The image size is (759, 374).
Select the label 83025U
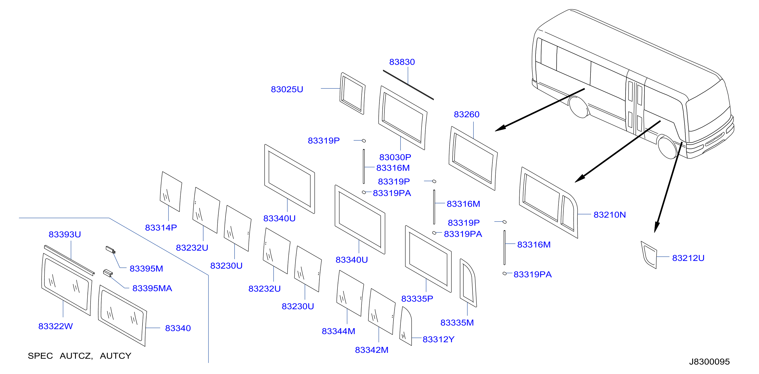point(287,89)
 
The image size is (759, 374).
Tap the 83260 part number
point(466,114)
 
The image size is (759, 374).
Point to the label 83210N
point(609,215)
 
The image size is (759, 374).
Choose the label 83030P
point(395,157)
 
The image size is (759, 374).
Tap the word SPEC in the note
point(40,356)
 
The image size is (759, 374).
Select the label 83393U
point(65,234)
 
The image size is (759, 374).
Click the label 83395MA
point(152,288)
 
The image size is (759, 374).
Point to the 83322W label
point(55,326)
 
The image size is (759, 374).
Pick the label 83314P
point(161,228)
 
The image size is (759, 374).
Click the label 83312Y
point(438,339)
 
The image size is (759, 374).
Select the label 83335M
point(457,323)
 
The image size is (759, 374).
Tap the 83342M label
point(372,350)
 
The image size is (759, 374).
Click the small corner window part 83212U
point(649,255)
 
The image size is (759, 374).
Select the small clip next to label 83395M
point(110,250)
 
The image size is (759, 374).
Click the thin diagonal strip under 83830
point(408,85)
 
